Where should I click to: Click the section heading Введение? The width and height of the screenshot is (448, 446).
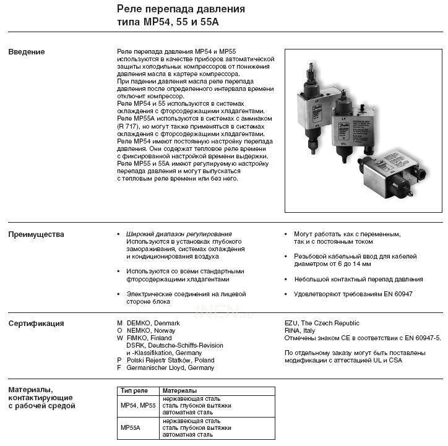point(27,52)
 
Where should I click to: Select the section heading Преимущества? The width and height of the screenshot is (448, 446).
point(36,234)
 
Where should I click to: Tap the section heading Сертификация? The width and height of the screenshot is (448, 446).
point(36,324)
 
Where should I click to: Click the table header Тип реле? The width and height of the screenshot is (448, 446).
point(134,391)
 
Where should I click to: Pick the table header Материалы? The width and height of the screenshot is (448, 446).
point(179,391)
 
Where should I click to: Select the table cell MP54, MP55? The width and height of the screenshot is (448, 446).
point(138,406)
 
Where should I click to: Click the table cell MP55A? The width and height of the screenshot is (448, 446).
point(131,427)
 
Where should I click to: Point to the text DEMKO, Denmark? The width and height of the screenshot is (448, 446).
point(153,324)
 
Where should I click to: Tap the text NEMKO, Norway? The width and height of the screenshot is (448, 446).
point(151,331)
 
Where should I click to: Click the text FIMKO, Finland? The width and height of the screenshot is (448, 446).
point(149,338)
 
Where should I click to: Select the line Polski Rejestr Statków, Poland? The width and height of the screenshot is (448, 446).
point(170,360)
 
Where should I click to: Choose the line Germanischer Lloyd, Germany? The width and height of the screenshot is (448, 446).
point(170,367)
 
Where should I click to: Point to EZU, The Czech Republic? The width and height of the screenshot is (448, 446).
point(322,324)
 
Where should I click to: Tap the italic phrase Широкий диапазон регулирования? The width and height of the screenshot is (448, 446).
point(179,234)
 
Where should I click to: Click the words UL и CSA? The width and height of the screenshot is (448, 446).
point(387,360)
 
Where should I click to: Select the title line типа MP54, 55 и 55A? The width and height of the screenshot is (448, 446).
point(168,22)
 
